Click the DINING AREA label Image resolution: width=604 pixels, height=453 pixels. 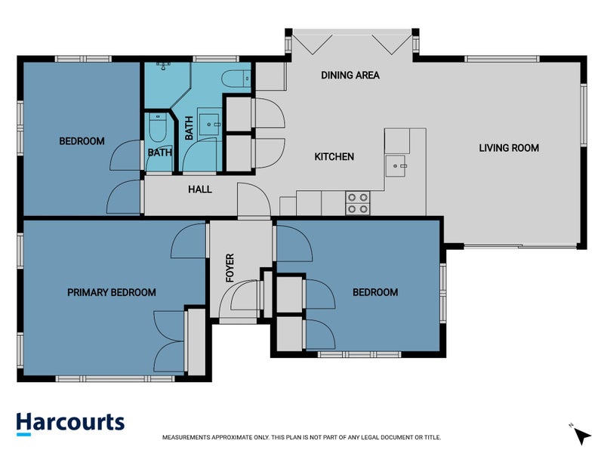[350, 75]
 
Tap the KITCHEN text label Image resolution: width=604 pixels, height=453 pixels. [334, 157]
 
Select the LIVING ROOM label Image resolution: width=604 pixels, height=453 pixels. [509, 148]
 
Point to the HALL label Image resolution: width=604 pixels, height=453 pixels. [199, 189]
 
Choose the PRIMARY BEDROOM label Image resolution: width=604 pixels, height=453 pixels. [112, 292]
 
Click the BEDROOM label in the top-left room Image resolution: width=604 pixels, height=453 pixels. [82, 141]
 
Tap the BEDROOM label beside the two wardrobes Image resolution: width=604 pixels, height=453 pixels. [375, 292]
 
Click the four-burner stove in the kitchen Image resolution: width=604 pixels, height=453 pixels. [357, 204]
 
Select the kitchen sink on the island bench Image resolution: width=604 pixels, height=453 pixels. [396, 164]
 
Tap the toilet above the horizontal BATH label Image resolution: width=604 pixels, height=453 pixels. [158, 128]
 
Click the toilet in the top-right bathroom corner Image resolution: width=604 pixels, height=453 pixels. [238, 78]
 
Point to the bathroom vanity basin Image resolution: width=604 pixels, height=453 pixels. [208, 120]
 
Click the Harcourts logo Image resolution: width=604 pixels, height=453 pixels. [70, 423]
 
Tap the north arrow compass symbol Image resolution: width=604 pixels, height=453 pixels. [580, 434]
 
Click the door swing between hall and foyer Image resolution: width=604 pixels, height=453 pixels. [252, 200]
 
